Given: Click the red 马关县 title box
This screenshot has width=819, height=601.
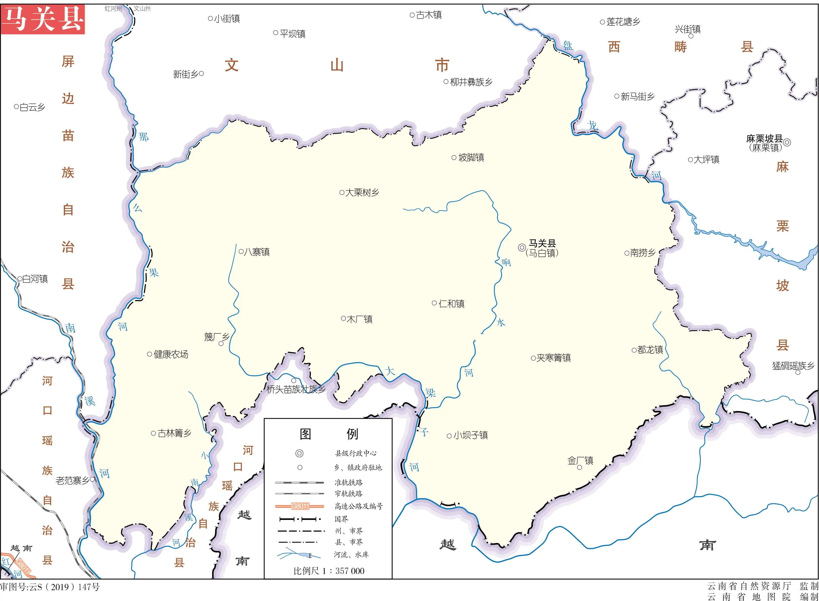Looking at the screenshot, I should click(43, 19).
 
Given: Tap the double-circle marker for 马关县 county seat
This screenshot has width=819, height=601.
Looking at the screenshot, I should click(522, 247).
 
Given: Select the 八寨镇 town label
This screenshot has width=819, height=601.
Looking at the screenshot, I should click(257, 252).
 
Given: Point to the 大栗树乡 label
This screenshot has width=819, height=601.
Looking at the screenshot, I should click(362, 193).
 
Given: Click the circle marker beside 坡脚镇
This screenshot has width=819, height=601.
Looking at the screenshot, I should click(454, 157).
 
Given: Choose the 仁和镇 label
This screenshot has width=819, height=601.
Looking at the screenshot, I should click(451, 304).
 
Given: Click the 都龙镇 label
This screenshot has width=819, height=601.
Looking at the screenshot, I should click(650, 350).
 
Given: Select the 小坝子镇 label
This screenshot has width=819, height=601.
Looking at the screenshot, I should click(470, 435).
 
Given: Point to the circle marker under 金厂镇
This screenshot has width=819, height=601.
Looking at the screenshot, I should click(580, 467).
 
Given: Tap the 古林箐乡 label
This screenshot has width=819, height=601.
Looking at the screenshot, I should click(174, 433).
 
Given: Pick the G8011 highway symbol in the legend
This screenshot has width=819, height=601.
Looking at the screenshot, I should click(299, 506).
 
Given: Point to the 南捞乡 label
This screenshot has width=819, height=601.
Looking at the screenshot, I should click(643, 253).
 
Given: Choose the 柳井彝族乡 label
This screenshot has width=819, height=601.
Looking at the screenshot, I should click(471, 82).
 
